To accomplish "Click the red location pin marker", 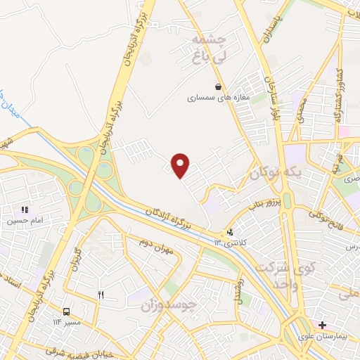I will tap(181, 165).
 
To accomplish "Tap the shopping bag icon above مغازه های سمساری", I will tap(219, 86).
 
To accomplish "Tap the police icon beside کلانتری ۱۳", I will tap(229, 232).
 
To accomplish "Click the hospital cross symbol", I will tap(322, 325).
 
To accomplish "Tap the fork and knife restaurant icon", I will tap(101, 295).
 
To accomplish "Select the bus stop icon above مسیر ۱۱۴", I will tap(66, 311).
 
